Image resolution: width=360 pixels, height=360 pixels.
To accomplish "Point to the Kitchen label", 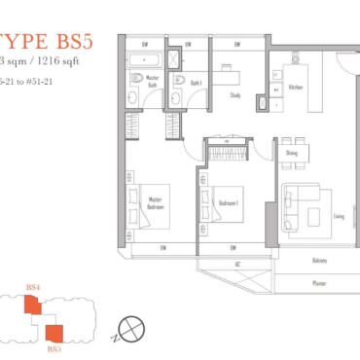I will tap(296, 87).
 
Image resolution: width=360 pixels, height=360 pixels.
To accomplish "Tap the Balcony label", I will tap(293, 260).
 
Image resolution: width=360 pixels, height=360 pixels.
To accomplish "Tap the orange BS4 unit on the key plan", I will tap(33, 304).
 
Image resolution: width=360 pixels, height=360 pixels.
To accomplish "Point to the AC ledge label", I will tap(237, 264).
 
